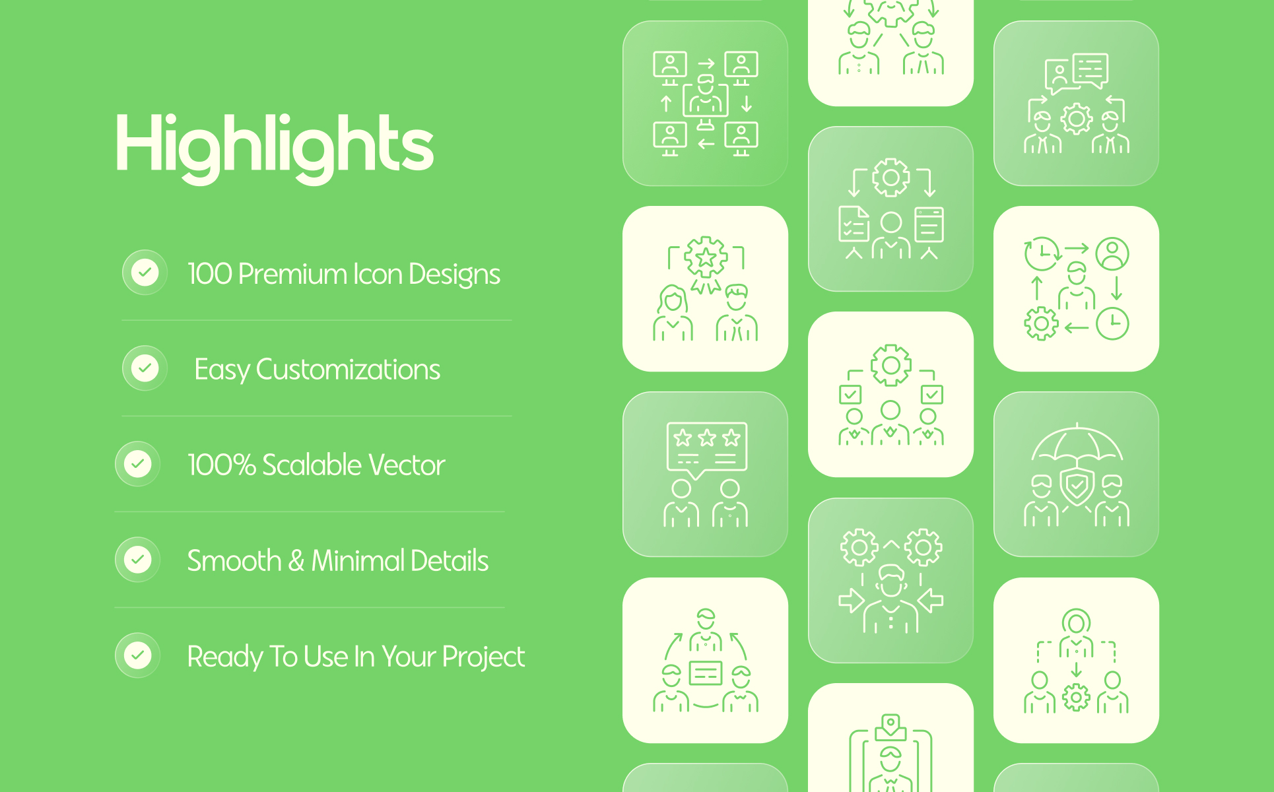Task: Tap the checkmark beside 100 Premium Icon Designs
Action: tap(145, 272)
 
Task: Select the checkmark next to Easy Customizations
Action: tap(145, 368)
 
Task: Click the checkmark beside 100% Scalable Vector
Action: tap(137, 463)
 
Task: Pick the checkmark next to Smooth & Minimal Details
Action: tap(137, 559)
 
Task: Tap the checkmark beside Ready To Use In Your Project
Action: tap(137, 655)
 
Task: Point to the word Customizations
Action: tap(348, 370)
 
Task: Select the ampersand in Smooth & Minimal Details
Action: tap(296, 561)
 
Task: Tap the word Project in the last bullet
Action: tap(483, 657)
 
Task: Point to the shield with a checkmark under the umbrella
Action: tap(1077, 488)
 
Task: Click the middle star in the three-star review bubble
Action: tap(707, 438)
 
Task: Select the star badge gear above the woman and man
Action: tap(706, 257)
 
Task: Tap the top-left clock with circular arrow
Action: tap(1042, 253)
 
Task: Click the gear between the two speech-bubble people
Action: tap(1077, 119)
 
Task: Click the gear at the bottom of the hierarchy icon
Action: tap(1076, 698)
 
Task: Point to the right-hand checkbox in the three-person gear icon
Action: tap(932, 395)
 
